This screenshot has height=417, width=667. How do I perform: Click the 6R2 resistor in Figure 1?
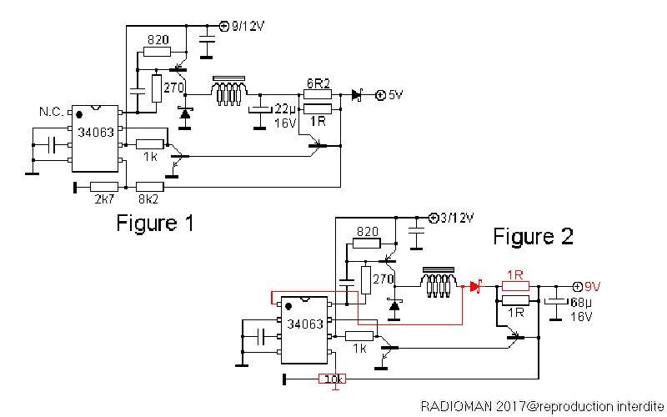(318, 94)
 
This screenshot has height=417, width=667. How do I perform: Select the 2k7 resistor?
(104, 187)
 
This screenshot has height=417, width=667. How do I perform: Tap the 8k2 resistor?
(150, 187)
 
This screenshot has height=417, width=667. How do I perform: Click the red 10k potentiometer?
(332, 379)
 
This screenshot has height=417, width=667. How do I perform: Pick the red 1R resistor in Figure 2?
(515, 286)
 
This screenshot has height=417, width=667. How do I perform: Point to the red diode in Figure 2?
(475, 287)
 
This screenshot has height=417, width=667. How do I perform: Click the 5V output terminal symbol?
(380, 95)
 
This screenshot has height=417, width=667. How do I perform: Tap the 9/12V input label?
(248, 27)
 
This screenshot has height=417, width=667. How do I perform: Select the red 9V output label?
(592, 287)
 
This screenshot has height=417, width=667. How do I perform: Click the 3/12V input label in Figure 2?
(457, 219)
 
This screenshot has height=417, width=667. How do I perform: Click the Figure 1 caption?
(155, 223)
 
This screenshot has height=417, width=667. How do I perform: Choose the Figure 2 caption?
(534, 236)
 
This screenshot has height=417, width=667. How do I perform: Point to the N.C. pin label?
(52, 112)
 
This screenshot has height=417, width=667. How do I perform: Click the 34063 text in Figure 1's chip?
(96, 133)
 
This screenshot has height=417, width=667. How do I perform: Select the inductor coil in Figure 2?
(439, 282)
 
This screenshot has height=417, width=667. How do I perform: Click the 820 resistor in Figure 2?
(366, 244)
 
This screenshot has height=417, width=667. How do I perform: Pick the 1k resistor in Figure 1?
(150, 144)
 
